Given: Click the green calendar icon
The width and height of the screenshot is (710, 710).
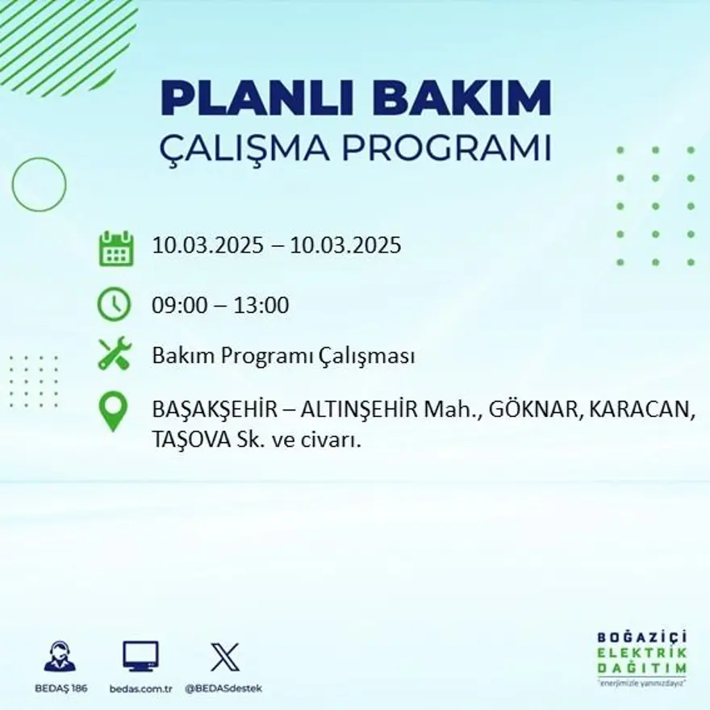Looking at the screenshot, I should click(115, 248).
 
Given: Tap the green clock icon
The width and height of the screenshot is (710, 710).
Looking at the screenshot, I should click(114, 305).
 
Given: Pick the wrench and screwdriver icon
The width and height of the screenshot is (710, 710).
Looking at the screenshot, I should click(114, 355).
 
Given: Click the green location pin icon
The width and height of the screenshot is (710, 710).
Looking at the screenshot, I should click(113, 411).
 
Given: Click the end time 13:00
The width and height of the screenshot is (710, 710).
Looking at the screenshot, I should click(261, 306).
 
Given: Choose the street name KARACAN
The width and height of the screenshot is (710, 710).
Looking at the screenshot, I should click(641, 410).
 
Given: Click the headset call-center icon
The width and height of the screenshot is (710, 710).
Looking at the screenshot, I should click(60, 657).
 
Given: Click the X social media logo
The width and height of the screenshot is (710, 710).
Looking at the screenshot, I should click(224, 657).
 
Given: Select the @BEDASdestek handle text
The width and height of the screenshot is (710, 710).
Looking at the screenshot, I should click(223, 688).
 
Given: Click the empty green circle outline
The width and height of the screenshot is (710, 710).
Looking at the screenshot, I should click(39, 185).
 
